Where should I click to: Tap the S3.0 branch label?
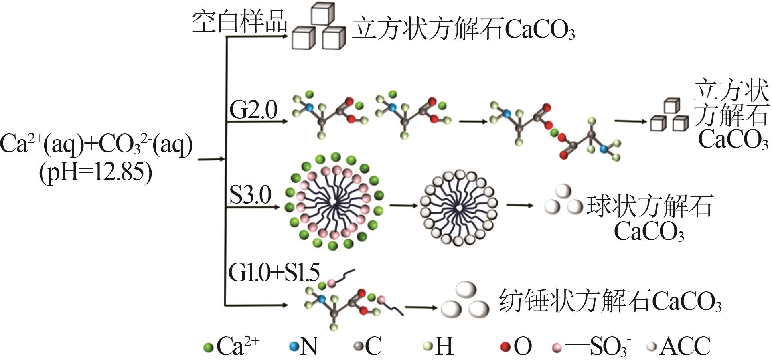pos(250,195)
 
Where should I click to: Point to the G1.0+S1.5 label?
pos(274,273)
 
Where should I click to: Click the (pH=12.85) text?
pos(96,172)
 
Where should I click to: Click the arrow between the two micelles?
pos(403,206)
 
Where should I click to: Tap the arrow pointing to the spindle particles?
pos(421,308)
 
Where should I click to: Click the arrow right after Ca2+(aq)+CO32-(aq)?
pos(212,160)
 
